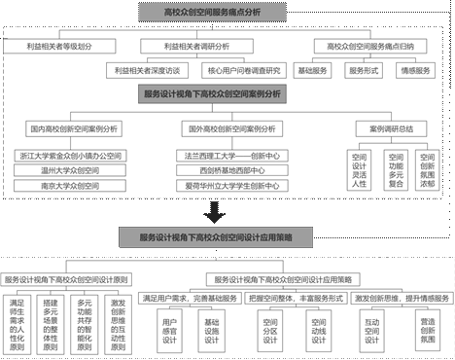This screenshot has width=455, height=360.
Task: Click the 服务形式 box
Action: (363, 70)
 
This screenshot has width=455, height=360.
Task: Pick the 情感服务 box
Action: (415, 70)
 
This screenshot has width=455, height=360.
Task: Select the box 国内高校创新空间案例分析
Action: (71, 127)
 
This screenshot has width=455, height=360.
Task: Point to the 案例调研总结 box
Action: (394, 127)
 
